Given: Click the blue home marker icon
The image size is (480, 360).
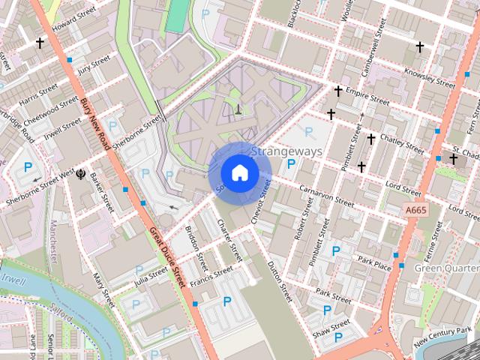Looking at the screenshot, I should [x=239, y=173].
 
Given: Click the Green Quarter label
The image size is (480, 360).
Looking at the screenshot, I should [x=447, y=268].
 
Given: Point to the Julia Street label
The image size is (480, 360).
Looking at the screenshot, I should [x=151, y=277].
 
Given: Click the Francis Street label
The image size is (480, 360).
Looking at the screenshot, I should [x=207, y=280].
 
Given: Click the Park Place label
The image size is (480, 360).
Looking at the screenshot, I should [x=374, y=263].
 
